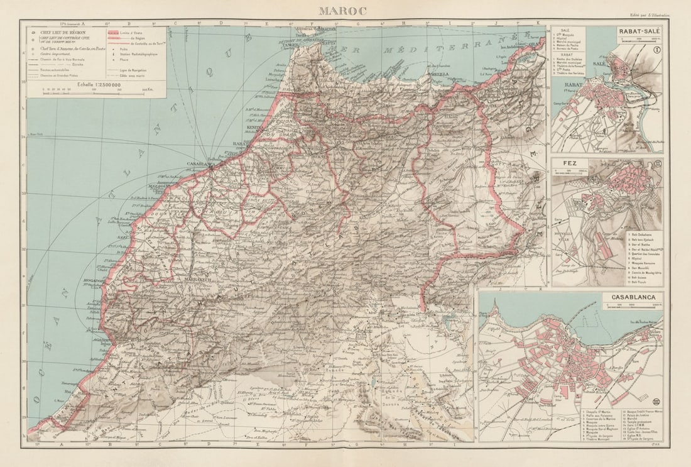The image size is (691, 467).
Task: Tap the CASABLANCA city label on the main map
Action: [200, 164]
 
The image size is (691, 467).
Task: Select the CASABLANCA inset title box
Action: [633, 297]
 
